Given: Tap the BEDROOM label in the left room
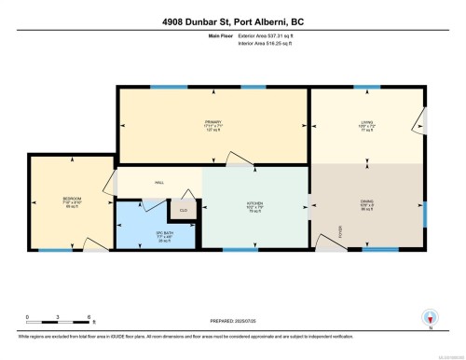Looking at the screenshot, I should point(72,200).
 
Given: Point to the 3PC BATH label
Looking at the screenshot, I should point(154,236).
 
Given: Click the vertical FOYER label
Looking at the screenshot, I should point(339,229).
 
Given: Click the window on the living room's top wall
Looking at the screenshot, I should point(366,88).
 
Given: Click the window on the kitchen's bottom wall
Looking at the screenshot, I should point(240,250).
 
